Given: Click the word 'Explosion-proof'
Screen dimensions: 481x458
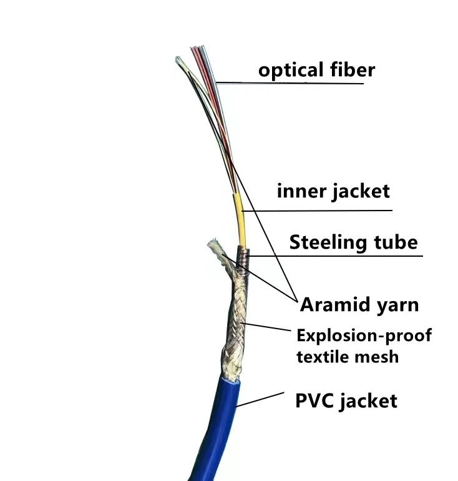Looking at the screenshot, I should tap(364, 335).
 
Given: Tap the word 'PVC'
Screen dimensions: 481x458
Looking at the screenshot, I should tap(316, 400).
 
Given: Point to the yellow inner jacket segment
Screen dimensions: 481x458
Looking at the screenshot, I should tap(238, 215).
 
